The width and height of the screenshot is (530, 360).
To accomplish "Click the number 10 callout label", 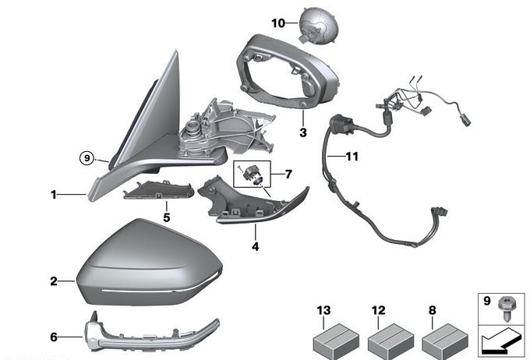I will pyautogui.click(x=278, y=23).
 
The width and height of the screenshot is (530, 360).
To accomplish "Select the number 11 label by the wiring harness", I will pyautogui.click(x=352, y=157).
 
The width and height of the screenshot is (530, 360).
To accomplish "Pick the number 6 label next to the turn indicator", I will pyautogui.click(x=54, y=337).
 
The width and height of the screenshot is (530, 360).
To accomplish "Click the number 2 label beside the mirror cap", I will pyautogui.click(x=54, y=281).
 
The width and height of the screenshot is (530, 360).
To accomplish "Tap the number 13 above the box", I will pyautogui.click(x=323, y=311).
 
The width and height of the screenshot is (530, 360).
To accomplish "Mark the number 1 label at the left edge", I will pyautogui.click(x=54, y=195).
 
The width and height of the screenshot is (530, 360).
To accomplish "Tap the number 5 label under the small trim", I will pyautogui.click(x=166, y=217).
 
